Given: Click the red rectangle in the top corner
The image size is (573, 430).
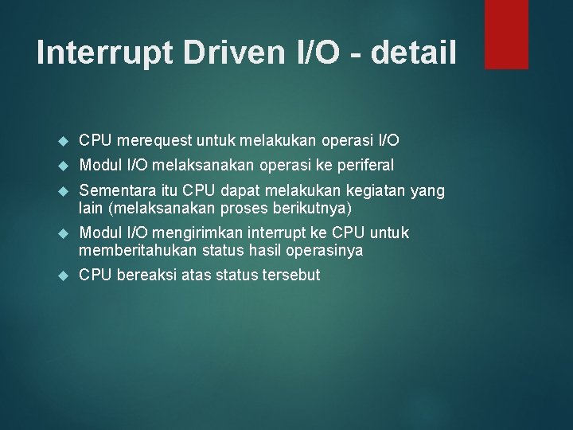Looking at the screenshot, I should tap(507, 34).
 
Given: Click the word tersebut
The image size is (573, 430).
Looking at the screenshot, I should tap(290, 275).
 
